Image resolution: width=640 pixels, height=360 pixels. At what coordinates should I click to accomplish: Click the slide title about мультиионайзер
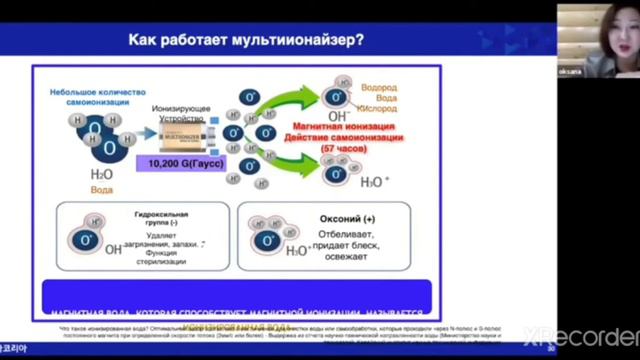pos(246,40)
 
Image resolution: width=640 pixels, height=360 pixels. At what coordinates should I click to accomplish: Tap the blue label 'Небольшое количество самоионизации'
pos(92,97)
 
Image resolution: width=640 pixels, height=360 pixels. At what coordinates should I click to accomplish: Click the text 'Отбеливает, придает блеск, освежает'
pos(345,245)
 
